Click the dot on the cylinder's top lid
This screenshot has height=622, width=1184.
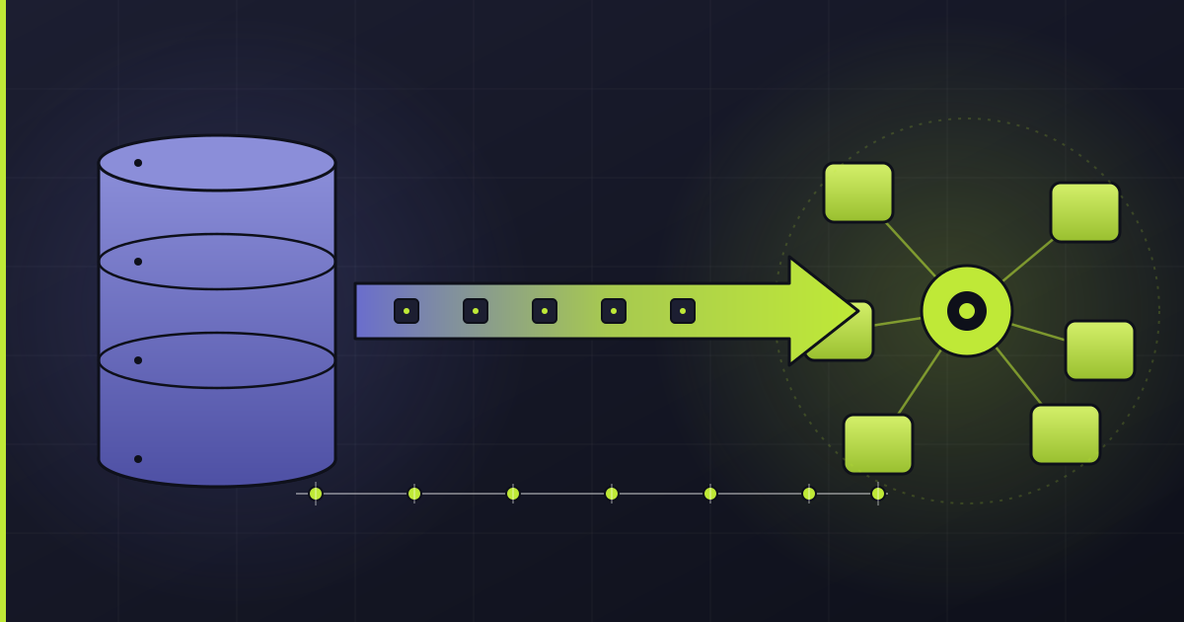138,163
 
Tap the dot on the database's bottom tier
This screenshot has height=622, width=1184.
138,459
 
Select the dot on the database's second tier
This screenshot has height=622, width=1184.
138,262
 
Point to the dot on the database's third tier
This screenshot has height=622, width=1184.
138,360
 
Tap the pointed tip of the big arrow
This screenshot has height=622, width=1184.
854,311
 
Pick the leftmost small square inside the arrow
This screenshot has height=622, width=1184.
407,311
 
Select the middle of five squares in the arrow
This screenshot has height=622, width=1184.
545,311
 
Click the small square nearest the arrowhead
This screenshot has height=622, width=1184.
683,311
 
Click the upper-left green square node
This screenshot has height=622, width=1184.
858,193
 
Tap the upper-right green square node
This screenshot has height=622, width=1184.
1085,212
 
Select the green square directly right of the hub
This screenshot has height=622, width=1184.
1100,350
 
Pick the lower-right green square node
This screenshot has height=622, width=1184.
1066,434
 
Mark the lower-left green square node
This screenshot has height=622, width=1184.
878,444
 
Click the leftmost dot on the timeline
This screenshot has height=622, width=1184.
316,494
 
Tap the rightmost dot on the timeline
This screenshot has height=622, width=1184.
878,494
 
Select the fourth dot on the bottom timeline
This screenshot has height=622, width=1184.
612,494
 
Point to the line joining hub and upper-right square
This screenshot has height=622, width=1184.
1028,261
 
